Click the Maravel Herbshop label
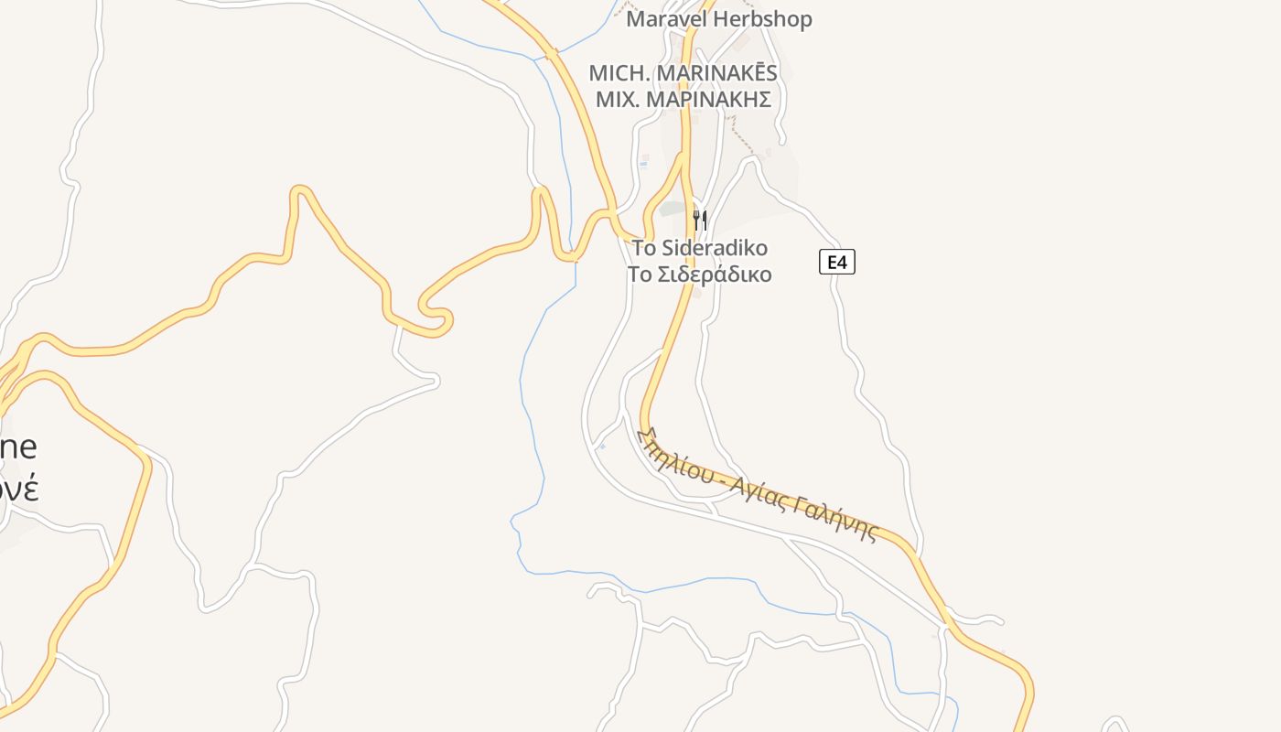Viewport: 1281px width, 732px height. (718, 19)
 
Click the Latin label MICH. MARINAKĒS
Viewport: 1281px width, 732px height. (683, 73)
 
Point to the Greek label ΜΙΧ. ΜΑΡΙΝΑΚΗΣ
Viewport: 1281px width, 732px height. (683, 100)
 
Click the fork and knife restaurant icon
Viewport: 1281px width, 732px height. (700, 220)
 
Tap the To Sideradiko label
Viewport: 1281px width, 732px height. (700, 248)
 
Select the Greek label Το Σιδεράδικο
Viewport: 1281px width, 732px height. (700, 274)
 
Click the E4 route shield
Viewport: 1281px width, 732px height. (836, 263)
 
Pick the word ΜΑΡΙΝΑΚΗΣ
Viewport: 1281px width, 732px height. (709, 100)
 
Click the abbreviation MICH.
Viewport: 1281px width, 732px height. (615, 73)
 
